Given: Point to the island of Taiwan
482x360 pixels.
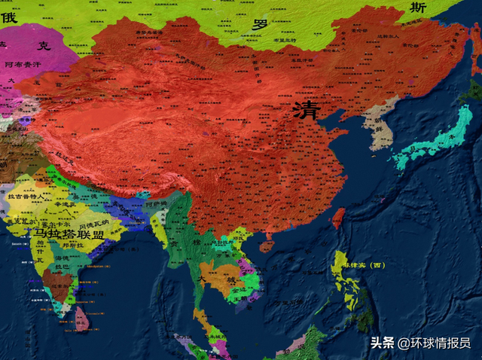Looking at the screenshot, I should [339, 217].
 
